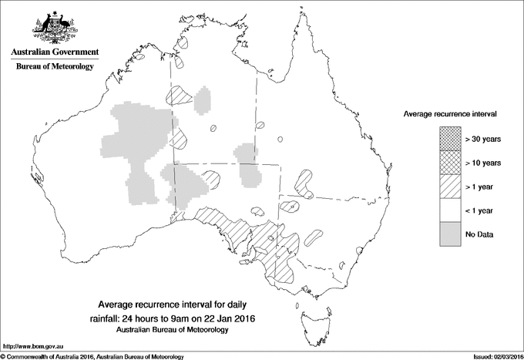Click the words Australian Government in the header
[54, 52]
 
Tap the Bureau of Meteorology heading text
[54, 67]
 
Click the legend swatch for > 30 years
[450, 139]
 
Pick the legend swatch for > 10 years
[450, 163]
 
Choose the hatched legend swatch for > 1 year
[450, 187]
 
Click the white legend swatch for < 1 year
[450, 210]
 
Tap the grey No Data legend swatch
[450, 234]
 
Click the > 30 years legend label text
[484, 139]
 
